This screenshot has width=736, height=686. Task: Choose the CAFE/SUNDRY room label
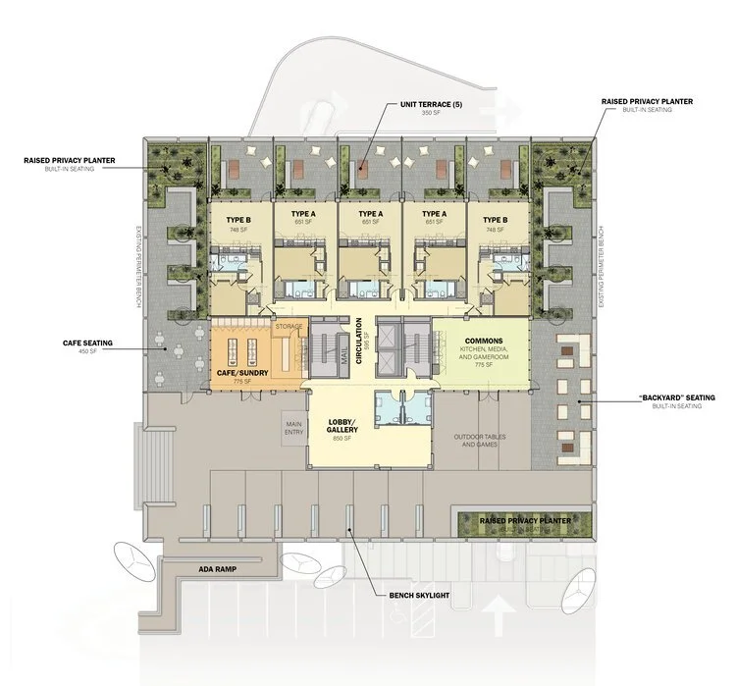242,372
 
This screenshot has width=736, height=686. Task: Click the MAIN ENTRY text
291,423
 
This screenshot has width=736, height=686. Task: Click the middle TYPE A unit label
370,215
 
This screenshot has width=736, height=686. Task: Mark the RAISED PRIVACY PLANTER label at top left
79,159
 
